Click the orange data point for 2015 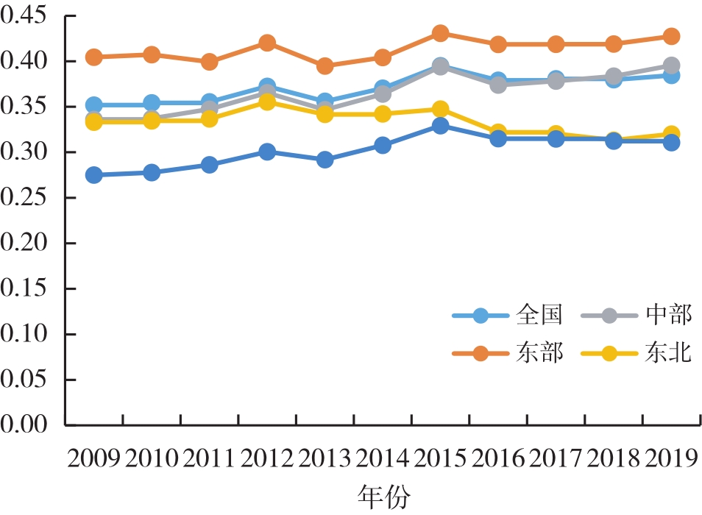pos(441,33)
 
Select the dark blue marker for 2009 pos(93,175)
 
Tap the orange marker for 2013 pos(325,66)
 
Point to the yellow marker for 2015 pos(441,110)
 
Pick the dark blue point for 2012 pos(267,152)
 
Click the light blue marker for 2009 pos(93,105)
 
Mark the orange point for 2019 pos(671,36)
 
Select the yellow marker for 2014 pos(383,114)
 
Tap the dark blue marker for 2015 pos(441,126)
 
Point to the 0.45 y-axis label pos(29,15)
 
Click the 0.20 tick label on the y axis pos(29,243)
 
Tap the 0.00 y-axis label pos(29,425)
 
